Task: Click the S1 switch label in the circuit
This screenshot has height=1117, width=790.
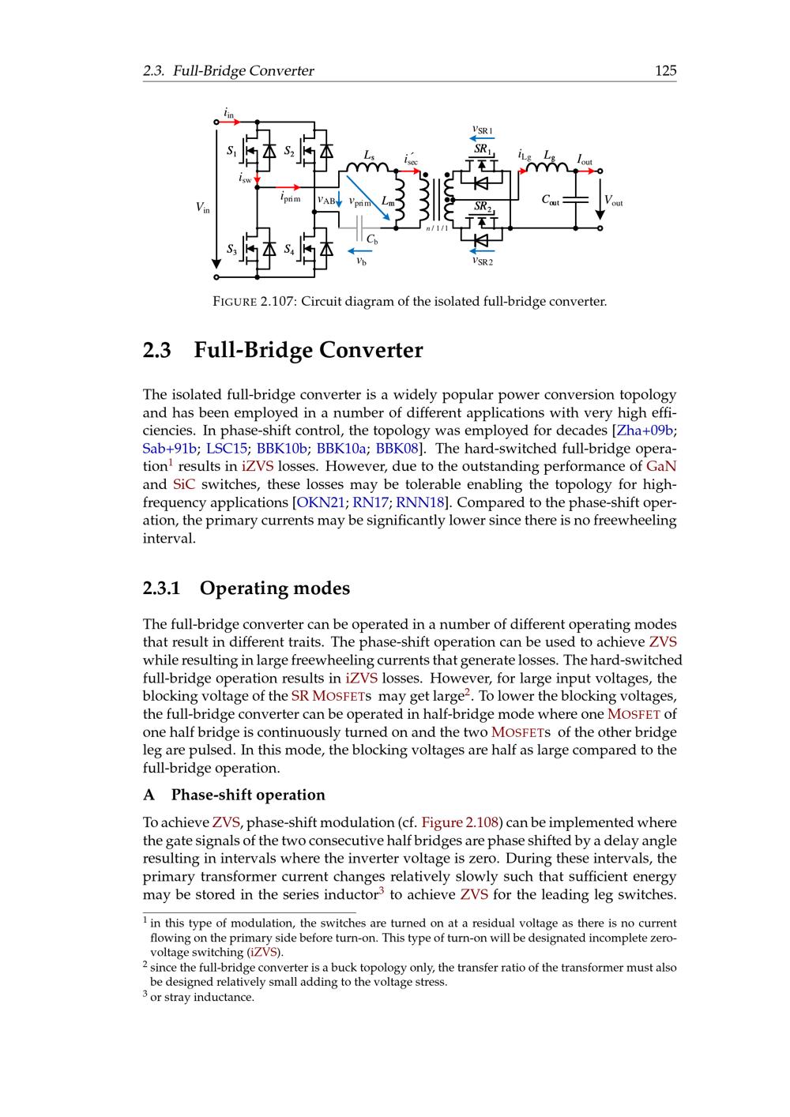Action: [x=231, y=151]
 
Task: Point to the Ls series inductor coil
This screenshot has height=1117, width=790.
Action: [x=369, y=166]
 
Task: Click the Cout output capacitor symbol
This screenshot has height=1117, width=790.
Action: [x=577, y=200]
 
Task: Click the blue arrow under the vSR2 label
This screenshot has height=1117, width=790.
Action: [x=482, y=250]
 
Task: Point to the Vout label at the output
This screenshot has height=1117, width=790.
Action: [x=613, y=201]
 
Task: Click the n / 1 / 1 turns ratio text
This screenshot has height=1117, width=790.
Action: [x=437, y=229]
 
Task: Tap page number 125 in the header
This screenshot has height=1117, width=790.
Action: [x=665, y=71]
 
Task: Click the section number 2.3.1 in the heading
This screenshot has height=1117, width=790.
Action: [x=162, y=589]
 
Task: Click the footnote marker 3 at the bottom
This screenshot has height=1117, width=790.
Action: [x=145, y=996]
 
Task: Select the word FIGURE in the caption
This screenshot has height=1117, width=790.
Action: [x=235, y=302]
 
